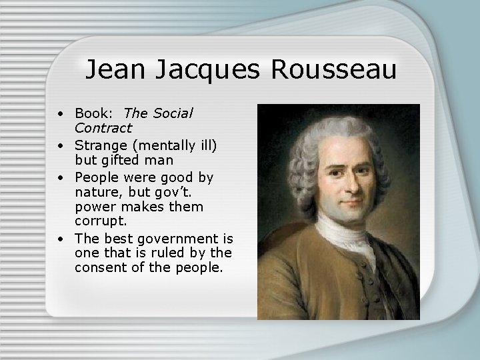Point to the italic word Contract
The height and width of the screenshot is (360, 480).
click(x=103, y=127)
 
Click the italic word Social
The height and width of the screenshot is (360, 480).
click(x=171, y=114)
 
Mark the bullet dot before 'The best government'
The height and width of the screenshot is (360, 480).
click(x=60, y=238)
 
